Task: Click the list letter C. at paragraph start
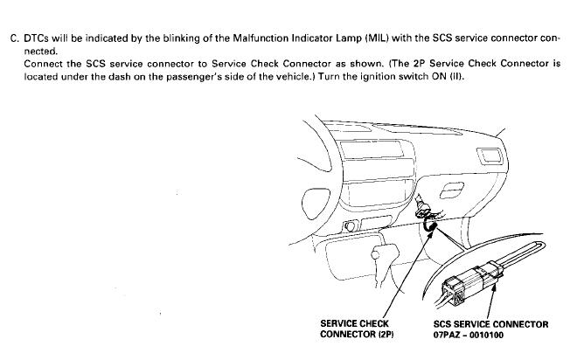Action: click(x=15, y=39)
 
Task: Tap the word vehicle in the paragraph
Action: click(x=302, y=78)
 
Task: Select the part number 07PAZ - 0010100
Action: click(x=469, y=336)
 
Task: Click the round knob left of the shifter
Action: click(x=352, y=229)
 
